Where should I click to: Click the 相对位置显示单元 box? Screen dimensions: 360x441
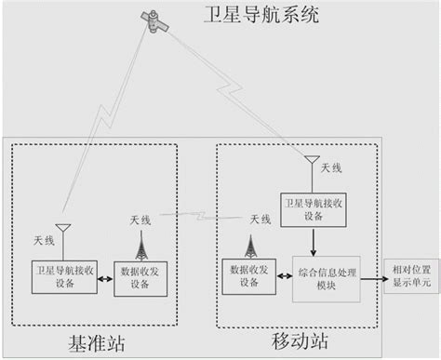409,278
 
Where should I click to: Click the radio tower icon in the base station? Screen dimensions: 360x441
141,245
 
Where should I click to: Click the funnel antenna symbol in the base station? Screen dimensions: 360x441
63,228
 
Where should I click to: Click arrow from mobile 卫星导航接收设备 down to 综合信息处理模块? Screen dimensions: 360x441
314,240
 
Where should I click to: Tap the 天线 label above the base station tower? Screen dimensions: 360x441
141,220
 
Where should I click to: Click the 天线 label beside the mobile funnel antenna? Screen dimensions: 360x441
332,167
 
